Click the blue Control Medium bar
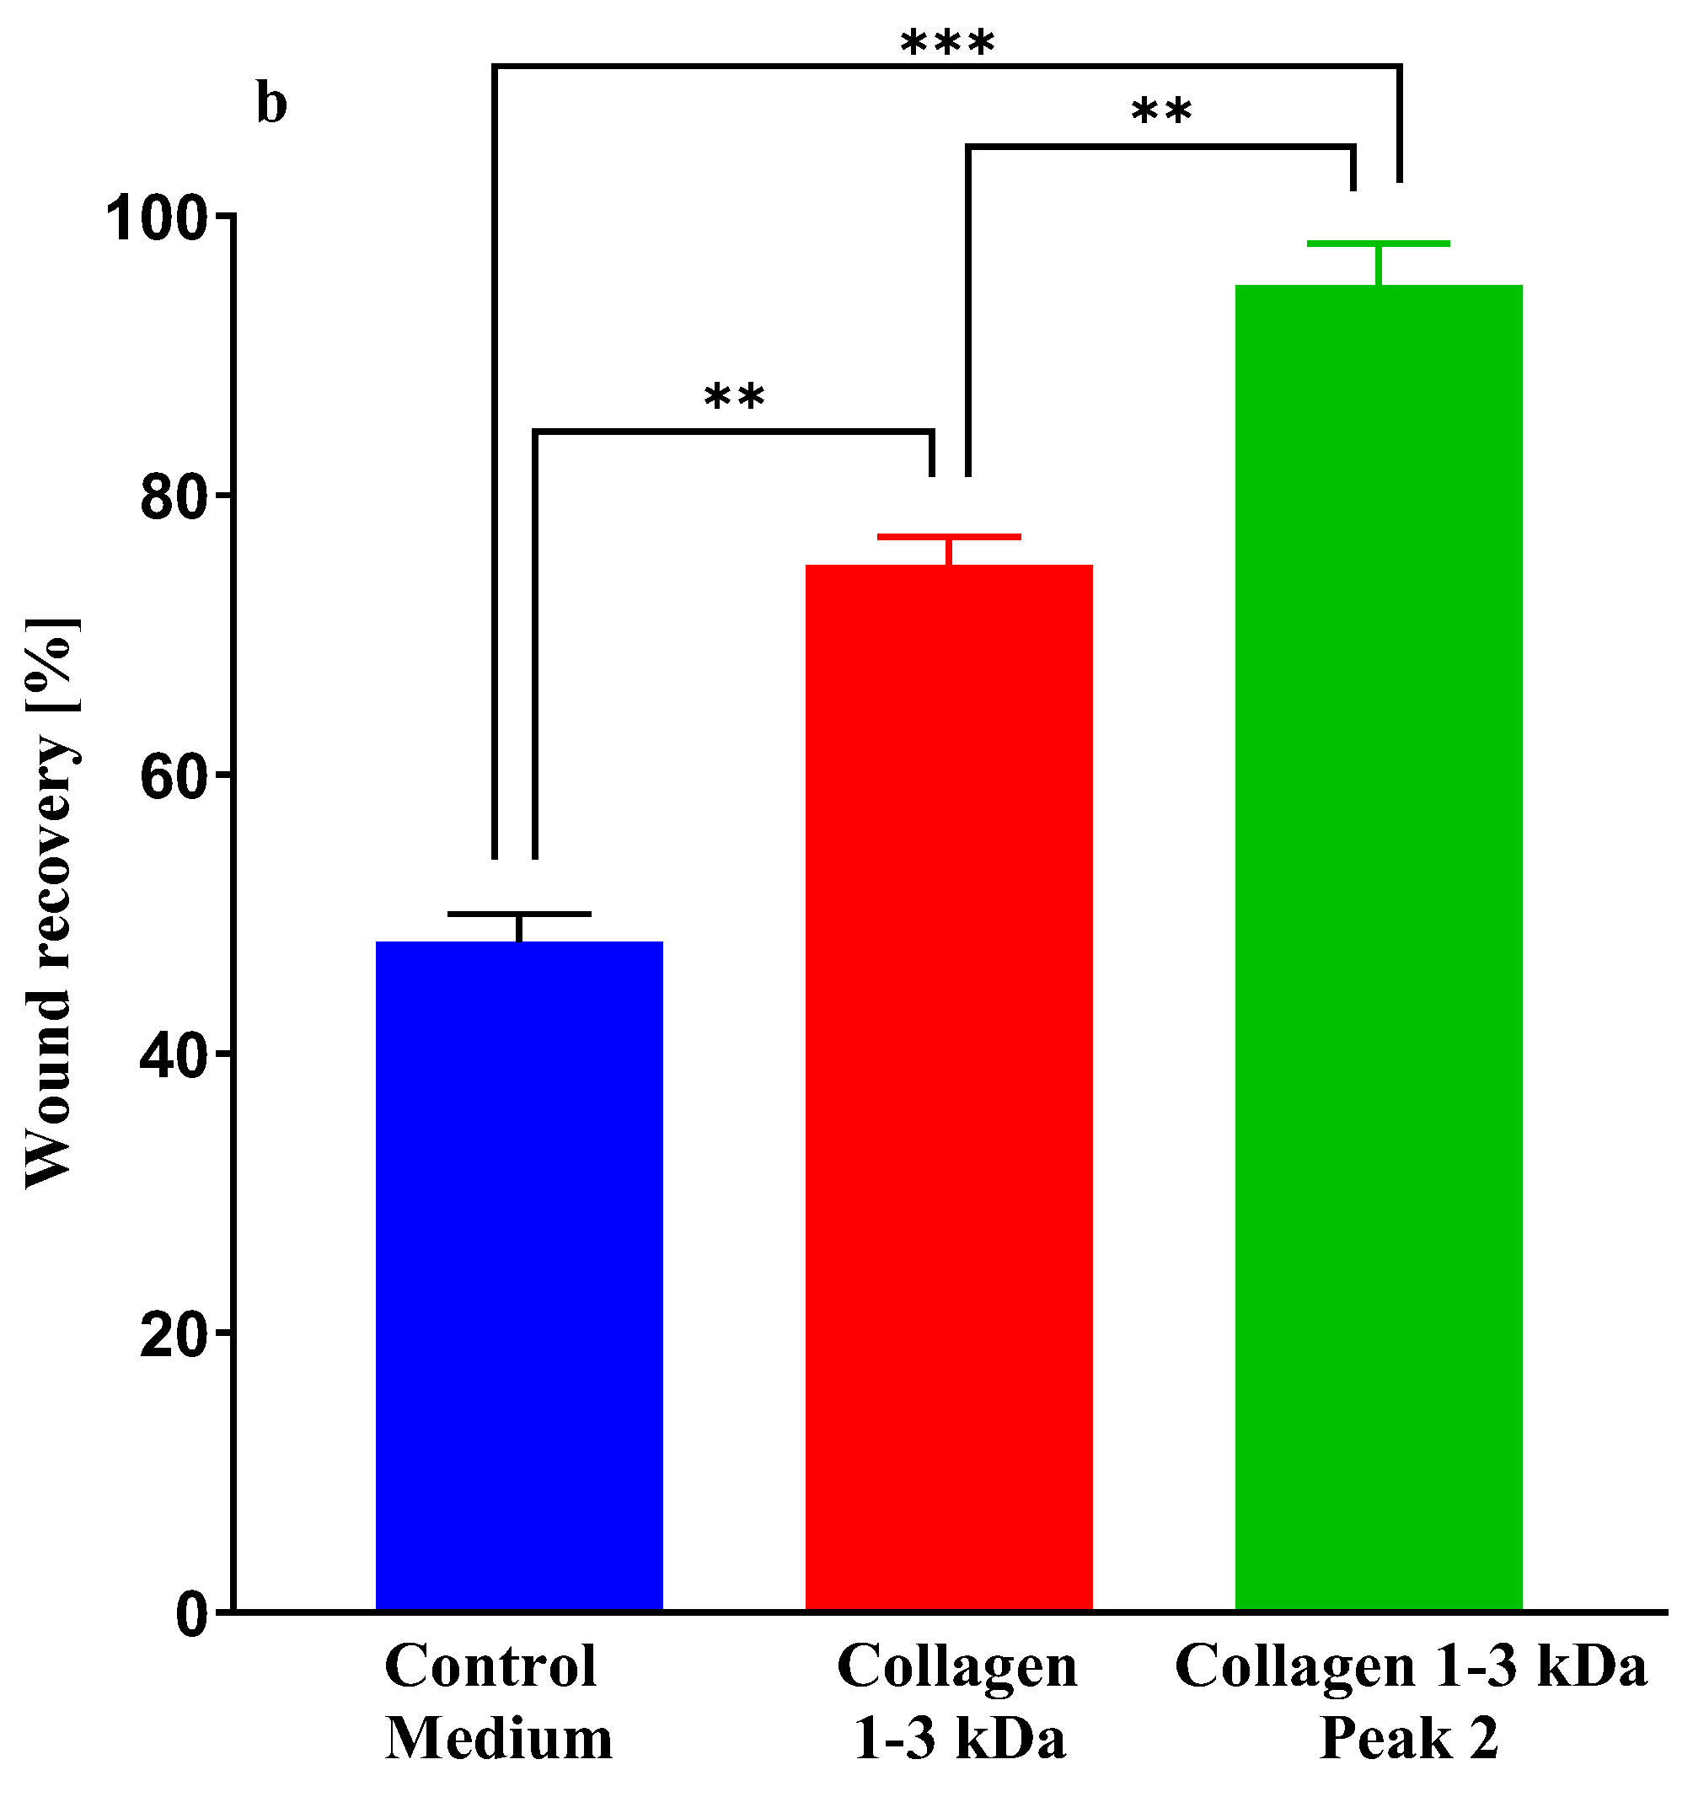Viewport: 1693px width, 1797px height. (519, 1274)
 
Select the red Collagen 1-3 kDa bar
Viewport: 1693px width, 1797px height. (948, 1085)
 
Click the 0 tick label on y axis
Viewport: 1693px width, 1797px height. (191, 1614)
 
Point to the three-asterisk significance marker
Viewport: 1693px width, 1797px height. (947, 42)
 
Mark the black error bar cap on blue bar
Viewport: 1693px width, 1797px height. (519, 914)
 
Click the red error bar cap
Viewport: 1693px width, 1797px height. (948, 537)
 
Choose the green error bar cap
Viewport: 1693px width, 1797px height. (1379, 244)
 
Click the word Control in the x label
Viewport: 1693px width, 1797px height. (490, 1666)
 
